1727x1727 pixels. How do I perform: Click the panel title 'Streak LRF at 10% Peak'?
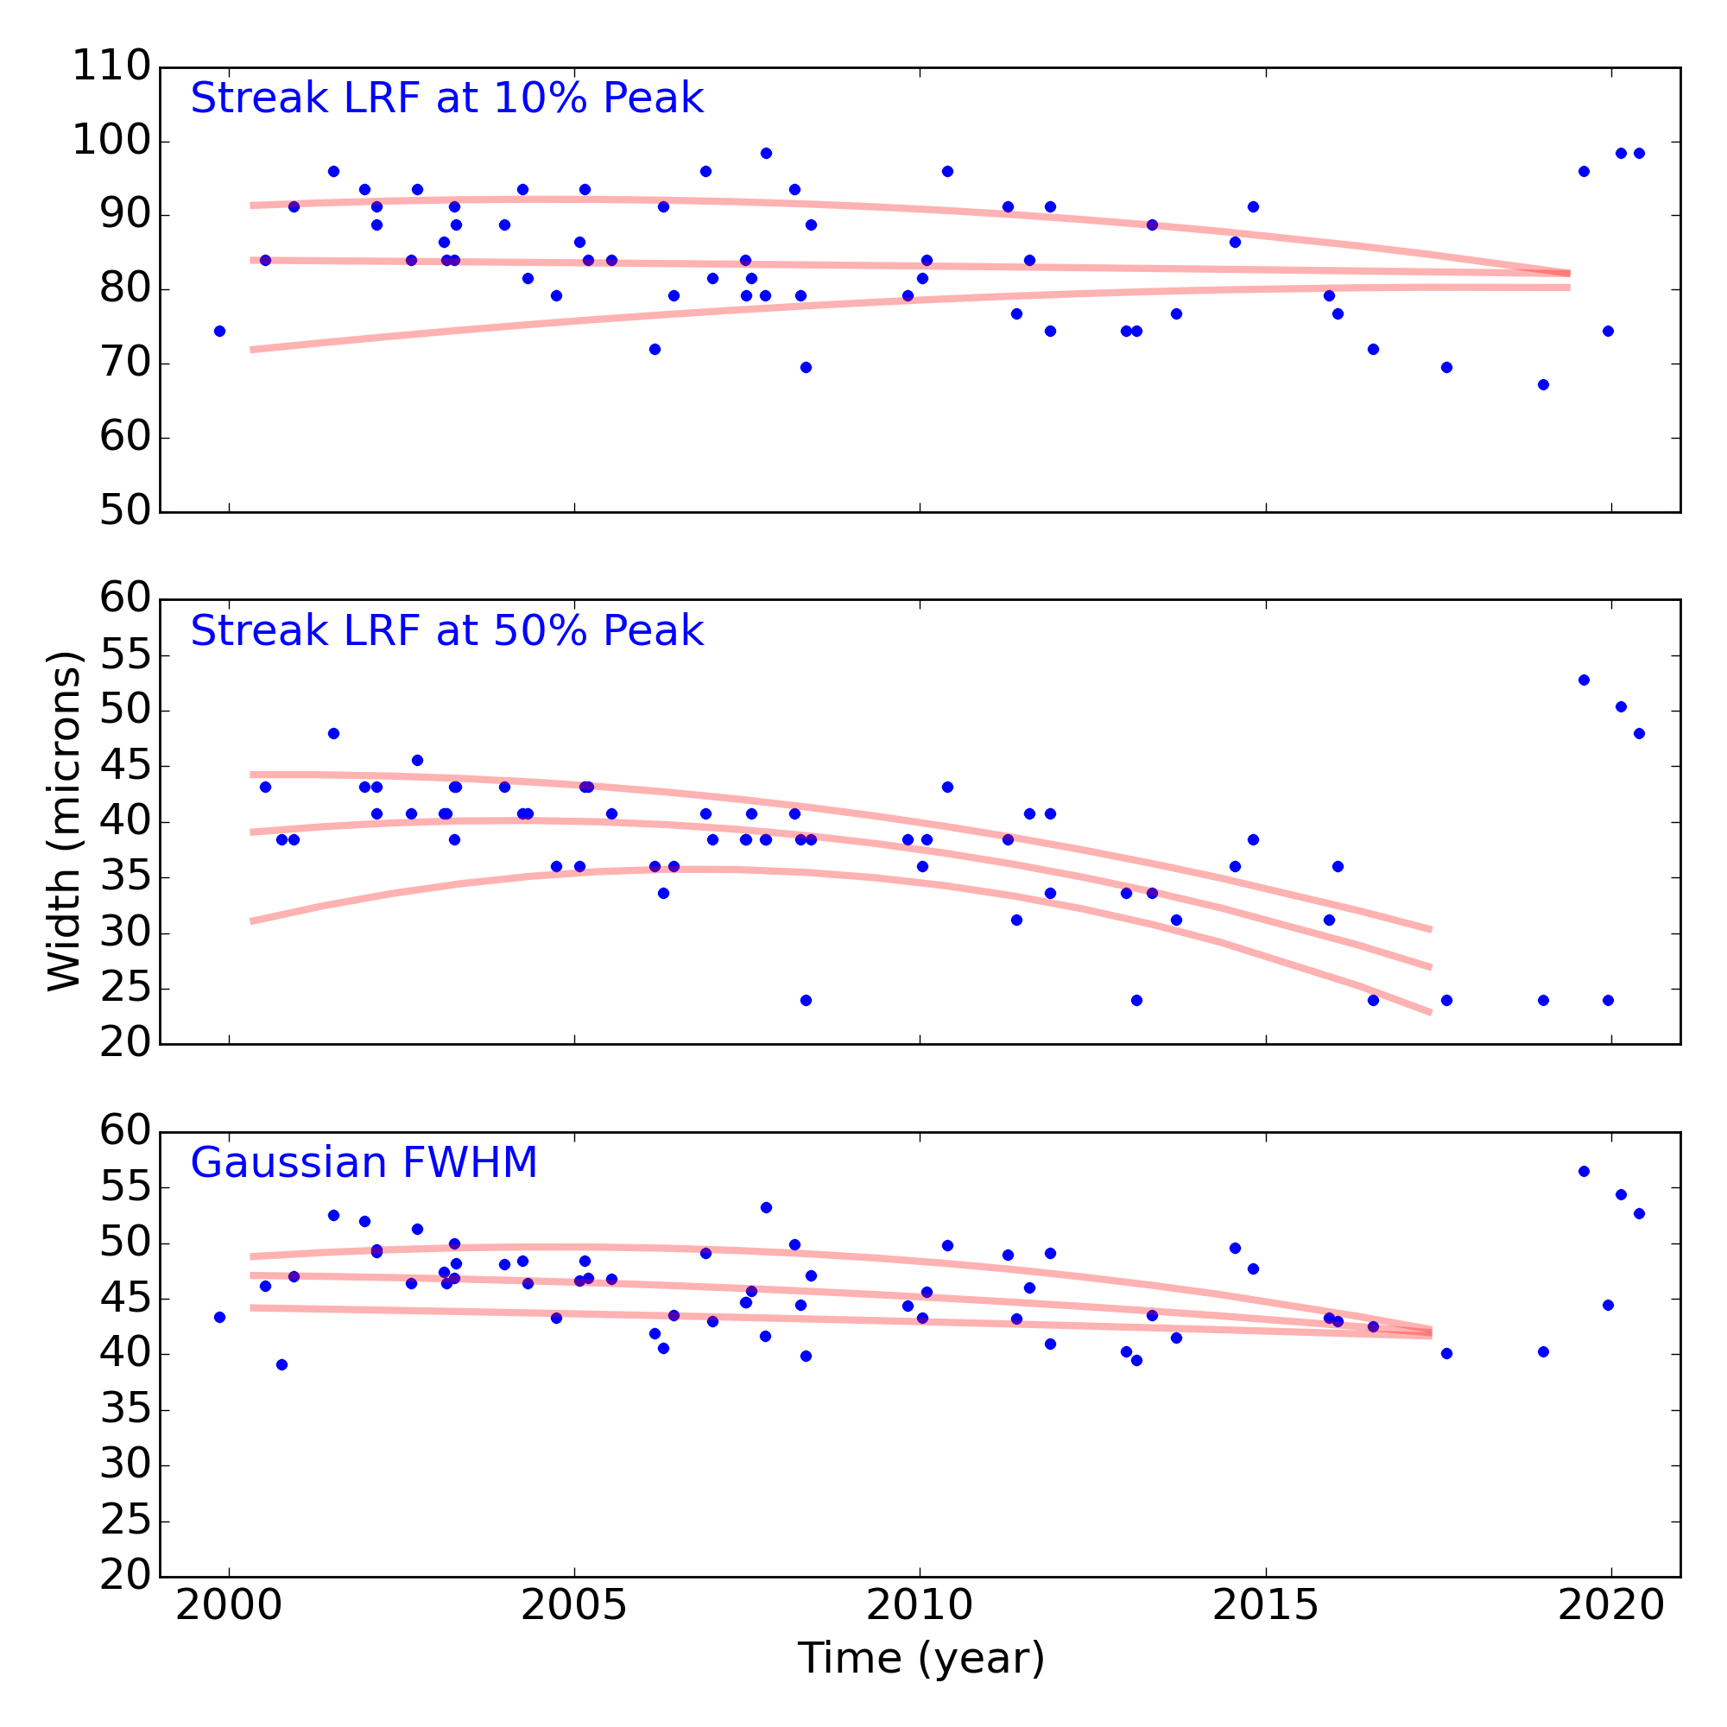447,98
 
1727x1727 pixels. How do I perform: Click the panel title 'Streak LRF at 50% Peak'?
447,631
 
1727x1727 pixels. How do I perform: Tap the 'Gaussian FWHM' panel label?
364,1163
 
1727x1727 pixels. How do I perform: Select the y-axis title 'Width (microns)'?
65,821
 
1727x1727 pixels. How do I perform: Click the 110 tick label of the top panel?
111,67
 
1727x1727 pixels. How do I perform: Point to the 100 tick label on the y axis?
111,142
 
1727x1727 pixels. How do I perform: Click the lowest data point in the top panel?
1543,384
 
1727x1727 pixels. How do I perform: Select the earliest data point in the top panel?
220,331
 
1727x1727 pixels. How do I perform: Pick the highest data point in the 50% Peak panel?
1584,680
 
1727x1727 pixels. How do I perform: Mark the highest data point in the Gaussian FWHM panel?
1584,1171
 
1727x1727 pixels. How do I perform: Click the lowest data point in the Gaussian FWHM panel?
282,1365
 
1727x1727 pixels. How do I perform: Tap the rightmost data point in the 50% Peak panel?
1640,733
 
